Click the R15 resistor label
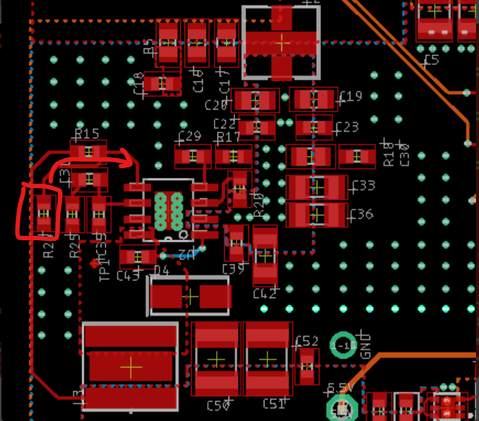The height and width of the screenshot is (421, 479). point(87,134)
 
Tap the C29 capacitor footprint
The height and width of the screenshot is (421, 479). point(192,156)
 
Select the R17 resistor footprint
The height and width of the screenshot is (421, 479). point(233,156)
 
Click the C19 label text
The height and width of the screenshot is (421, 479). point(350,96)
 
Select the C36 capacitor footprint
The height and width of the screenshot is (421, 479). point(317,215)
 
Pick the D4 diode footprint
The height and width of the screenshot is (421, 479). point(190,296)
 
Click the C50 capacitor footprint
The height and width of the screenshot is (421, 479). point(217,358)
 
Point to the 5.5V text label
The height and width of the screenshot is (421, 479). point(342,387)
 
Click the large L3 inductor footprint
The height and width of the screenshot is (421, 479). point(131,365)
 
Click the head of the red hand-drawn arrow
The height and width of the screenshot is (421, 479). point(131,157)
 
